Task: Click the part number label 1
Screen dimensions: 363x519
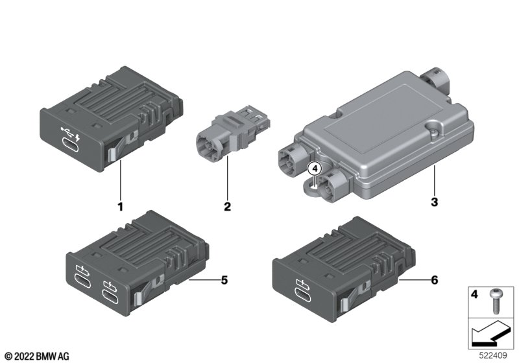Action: click(119, 207)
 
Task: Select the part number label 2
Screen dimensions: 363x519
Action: click(226, 207)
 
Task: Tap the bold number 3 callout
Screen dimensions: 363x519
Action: click(435, 202)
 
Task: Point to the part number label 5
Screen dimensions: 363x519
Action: click(224, 280)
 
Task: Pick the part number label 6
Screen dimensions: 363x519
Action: click(434, 280)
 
